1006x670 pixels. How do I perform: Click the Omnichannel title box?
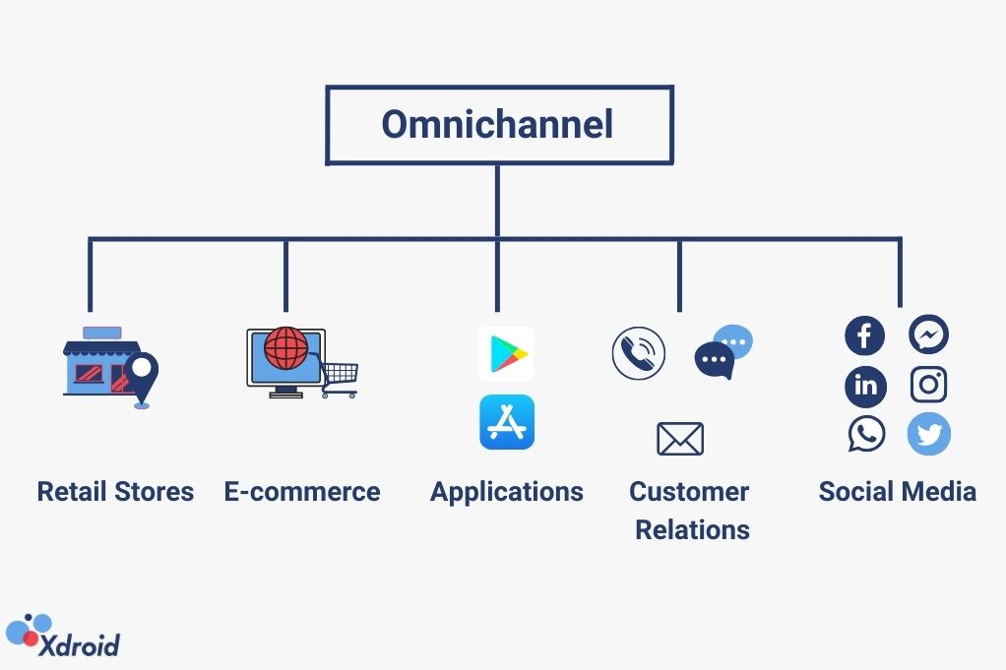(499, 125)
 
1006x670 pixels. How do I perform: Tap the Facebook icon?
(864, 336)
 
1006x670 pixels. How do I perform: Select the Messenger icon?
(928, 335)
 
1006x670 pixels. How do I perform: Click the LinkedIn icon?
(865, 386)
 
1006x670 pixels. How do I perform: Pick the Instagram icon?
(928, 385)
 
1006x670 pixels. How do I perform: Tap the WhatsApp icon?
(866, 434)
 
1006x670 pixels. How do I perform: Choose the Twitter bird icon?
(928, 434)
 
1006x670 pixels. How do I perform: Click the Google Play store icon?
(507, 354)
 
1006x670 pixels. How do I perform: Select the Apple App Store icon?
(507, 422)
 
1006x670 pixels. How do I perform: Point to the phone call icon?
(638, 353)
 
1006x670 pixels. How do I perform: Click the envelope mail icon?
(680, 439)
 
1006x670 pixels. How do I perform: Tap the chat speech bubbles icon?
(723, 352)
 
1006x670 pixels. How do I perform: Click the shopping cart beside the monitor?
(340, 378)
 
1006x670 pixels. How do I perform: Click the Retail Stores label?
(115, 491)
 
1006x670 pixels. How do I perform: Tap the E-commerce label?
(302, 491)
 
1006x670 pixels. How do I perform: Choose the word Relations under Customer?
(692, 529)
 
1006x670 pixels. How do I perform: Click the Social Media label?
(897, 491)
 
